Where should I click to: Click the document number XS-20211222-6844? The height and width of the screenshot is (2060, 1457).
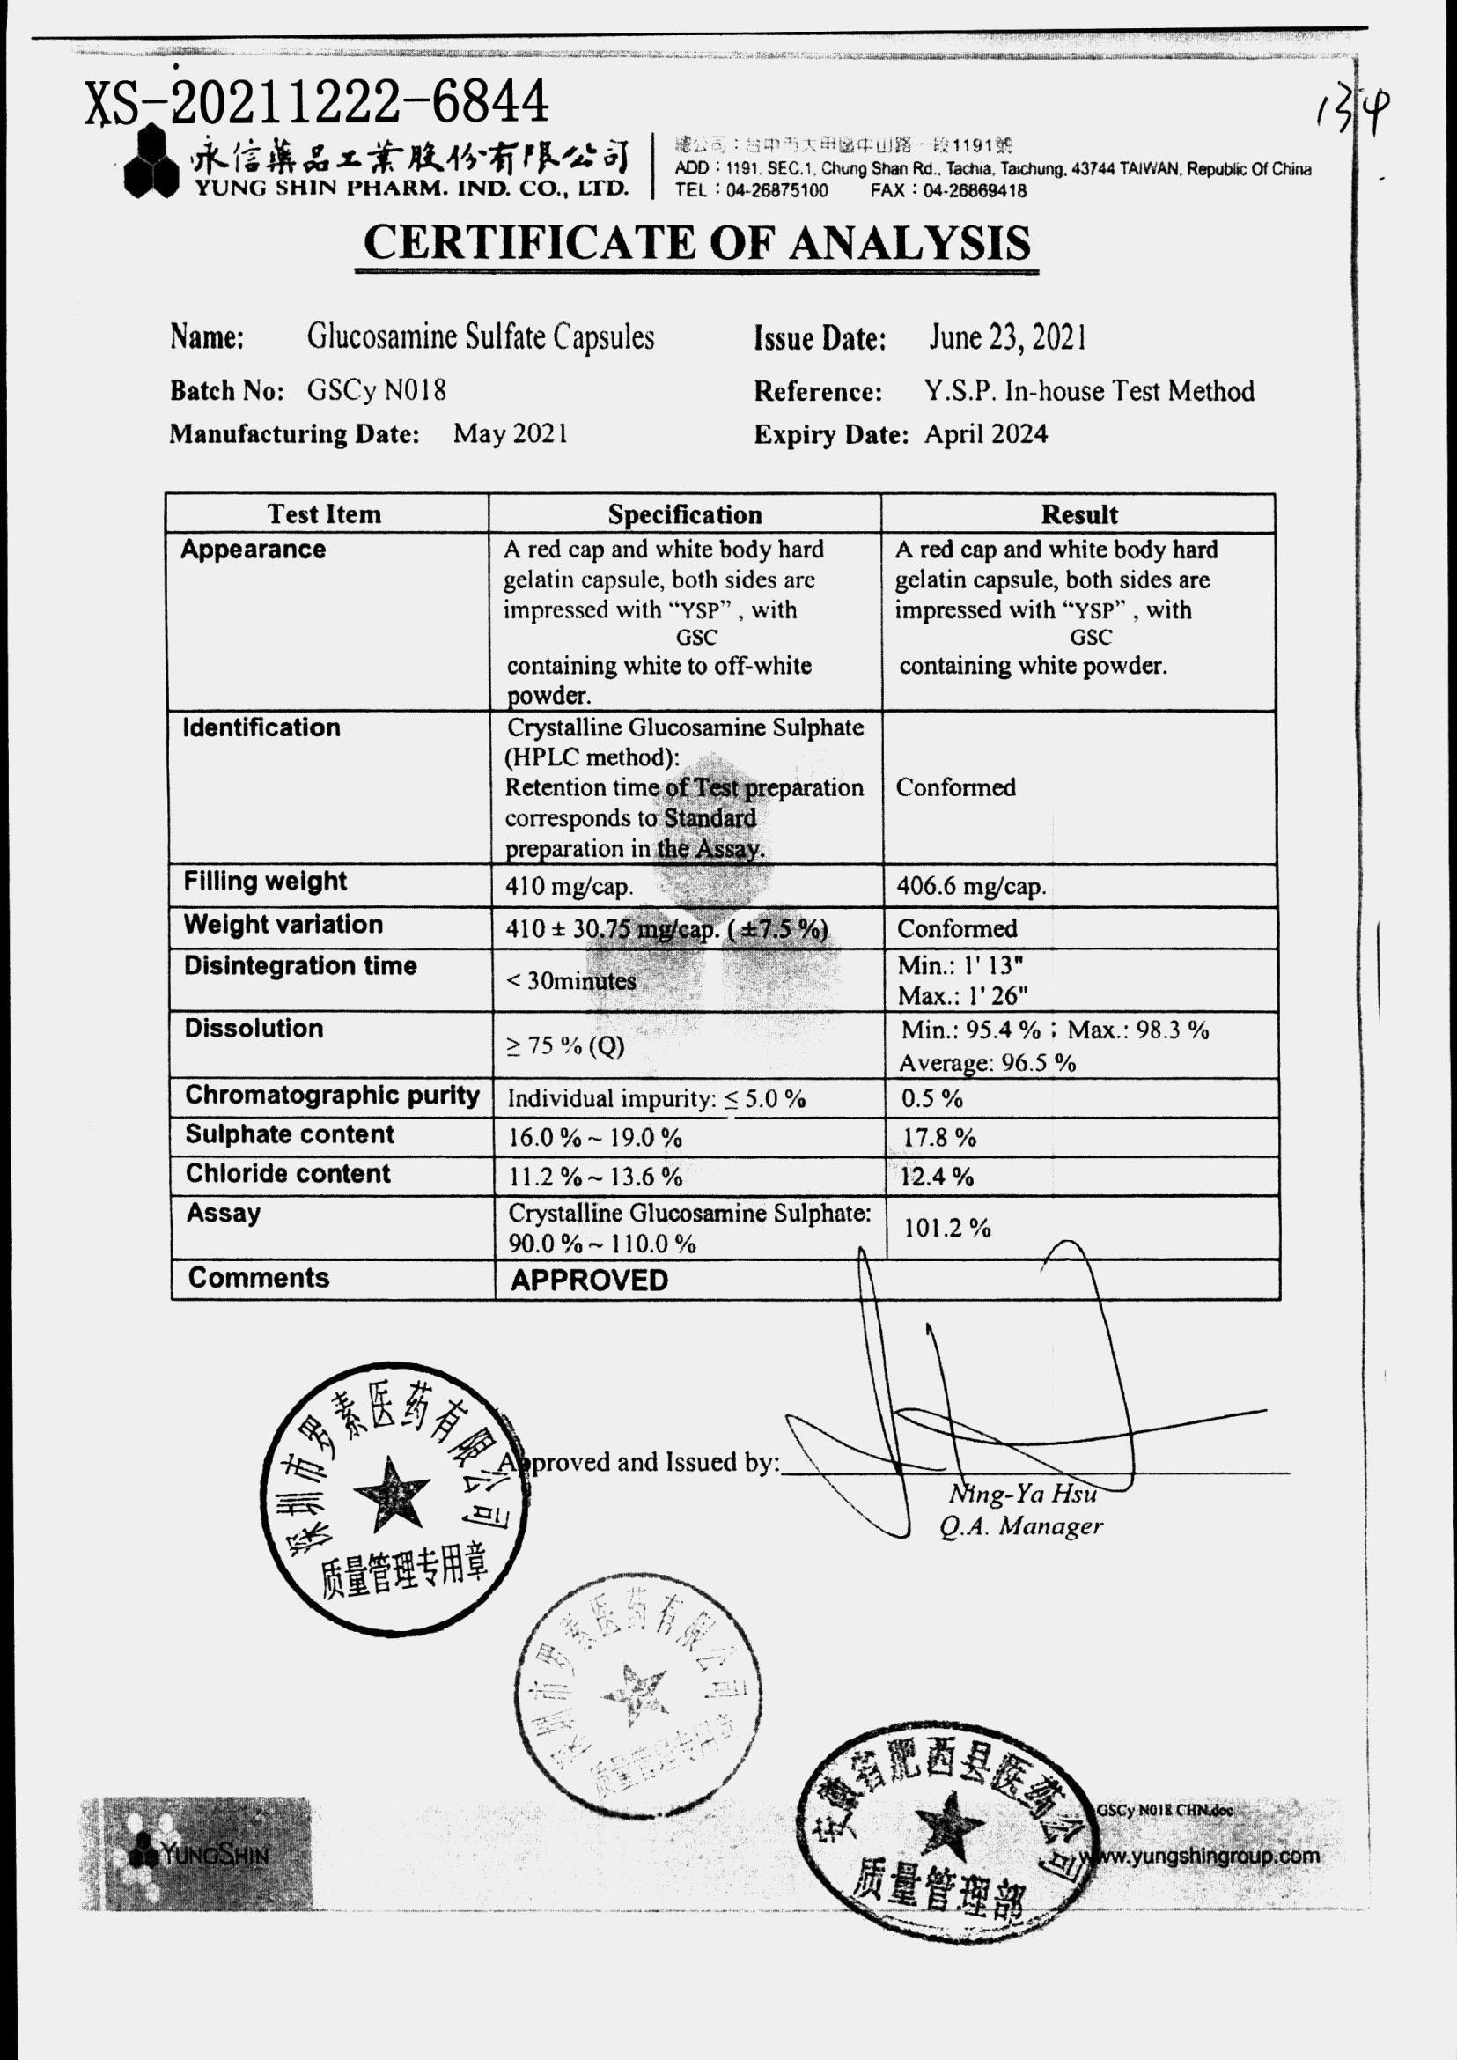click(316, 102)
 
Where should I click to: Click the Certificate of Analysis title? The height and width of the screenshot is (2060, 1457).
click(697, 242)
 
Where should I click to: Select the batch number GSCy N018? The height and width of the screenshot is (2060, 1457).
click(376, 389)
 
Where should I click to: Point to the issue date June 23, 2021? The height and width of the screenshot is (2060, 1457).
click(1007, 337)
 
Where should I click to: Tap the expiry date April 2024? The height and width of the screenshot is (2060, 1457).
click(986, 434)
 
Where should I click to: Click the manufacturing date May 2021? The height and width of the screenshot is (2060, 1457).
click(510, 433)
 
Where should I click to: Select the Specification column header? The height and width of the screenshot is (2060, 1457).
click(685, 514)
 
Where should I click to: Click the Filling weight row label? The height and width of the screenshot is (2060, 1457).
click(265, 882)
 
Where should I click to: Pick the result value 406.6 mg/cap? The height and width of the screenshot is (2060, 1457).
click(971, 887)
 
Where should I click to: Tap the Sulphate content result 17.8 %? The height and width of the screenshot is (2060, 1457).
click(938, 1138)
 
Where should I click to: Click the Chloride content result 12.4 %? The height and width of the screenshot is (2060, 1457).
click(937, 1177)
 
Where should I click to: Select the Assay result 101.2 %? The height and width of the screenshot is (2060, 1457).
click(946, 1228)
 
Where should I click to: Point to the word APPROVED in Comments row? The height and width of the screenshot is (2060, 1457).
click(590, 1281)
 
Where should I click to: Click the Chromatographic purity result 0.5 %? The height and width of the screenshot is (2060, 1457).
click(932, 1098)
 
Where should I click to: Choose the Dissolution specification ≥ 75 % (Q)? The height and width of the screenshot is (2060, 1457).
click(565, 1045)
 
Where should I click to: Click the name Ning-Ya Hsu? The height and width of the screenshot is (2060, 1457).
click(1023, 1494)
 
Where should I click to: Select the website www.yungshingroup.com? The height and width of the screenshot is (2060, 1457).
click(1203, 1856)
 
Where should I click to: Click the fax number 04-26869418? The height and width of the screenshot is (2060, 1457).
click(975, 191)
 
